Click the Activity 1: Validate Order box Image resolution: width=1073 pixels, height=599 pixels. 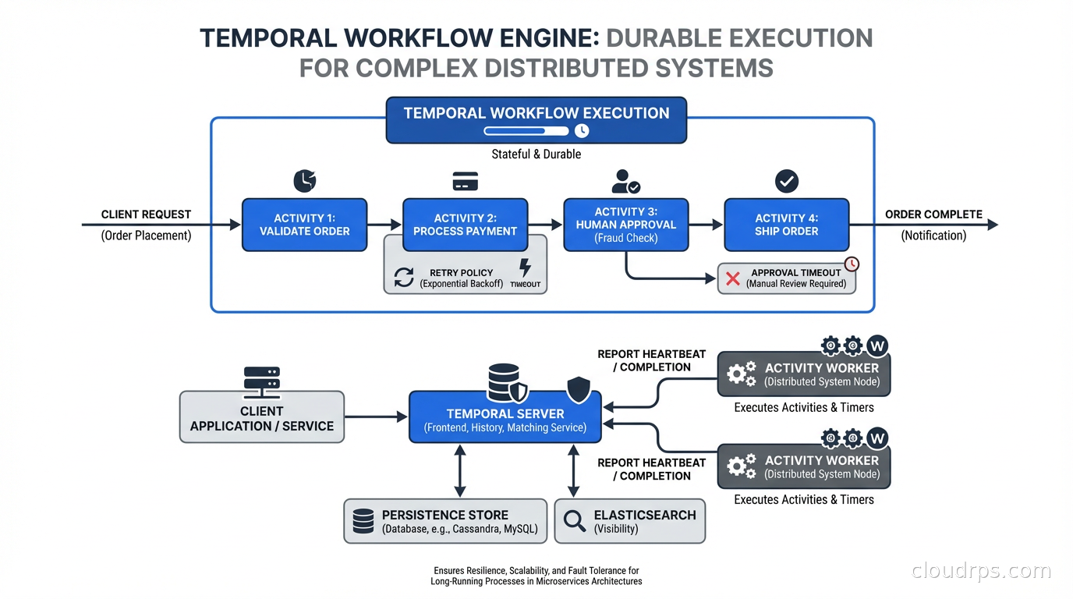(304, 225)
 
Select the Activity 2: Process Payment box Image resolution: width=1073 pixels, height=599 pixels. (465, 225)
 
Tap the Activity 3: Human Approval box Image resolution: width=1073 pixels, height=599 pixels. (625, 225)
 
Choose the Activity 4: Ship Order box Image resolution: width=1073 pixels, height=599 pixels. (786, 225)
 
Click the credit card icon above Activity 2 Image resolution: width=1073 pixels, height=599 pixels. (466, 183)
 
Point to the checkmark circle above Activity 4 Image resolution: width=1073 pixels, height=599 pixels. (787, 182)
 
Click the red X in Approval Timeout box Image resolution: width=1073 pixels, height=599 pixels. (733, 278)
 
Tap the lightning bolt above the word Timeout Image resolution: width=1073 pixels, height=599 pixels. (526, 268)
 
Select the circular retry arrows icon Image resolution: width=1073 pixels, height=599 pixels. (404, 278)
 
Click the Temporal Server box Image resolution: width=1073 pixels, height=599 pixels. (505, 420)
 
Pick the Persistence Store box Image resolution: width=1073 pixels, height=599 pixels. (445, 521)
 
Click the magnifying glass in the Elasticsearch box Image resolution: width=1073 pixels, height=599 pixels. (575, 521)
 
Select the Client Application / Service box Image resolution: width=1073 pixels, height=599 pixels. (262, 418)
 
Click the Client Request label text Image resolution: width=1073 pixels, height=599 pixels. (146, 214)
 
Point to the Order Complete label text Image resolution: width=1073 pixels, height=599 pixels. (933, 214)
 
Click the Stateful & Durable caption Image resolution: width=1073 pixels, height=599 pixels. (536, 154)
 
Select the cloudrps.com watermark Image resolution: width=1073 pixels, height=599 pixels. (981, 571)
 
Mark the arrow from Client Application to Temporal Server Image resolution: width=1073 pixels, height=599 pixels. (376, 417)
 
